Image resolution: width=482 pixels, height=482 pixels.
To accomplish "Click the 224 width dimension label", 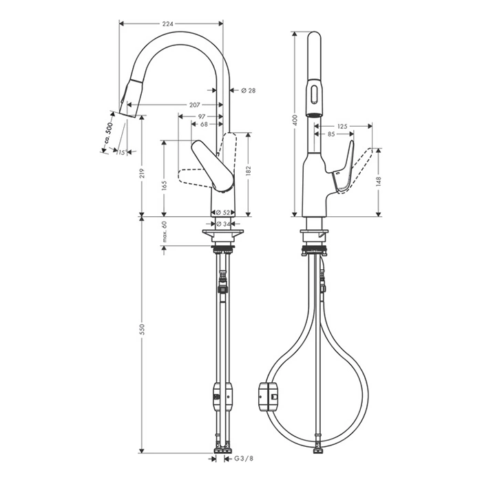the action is click(168, 23).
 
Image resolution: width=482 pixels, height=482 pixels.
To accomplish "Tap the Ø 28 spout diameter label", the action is click(249, 90).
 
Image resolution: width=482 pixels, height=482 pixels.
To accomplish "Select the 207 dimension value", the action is click(195, 105).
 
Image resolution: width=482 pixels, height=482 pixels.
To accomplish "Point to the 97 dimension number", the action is click(202, 117).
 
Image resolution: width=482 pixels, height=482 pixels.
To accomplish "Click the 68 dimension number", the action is click(204, 124).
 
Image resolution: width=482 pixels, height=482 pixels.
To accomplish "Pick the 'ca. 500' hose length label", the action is click(109, 133).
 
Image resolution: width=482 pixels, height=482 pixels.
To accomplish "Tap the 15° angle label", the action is click(122, 152).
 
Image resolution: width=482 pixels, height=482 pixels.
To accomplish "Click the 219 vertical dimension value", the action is click(142, 174).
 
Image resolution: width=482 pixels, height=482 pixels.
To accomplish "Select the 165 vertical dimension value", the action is click(164, 187).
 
